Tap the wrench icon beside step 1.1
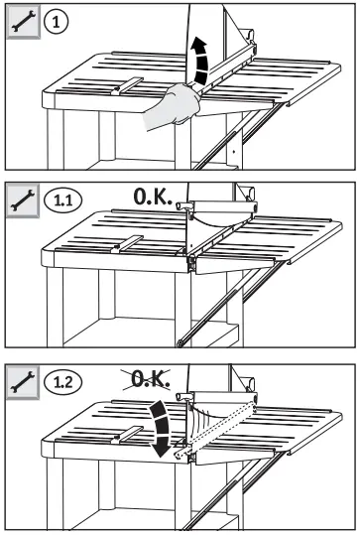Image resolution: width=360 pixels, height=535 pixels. click(19, 201)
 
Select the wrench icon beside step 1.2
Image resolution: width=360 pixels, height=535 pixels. click(19, 380)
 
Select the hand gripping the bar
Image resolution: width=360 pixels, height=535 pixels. click(174, 106)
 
